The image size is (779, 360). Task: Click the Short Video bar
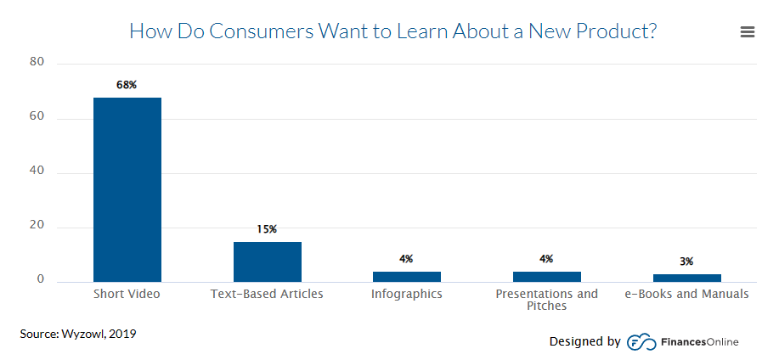point(127,189)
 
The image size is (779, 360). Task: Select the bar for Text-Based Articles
point(267,262)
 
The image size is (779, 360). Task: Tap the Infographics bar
point(406,277)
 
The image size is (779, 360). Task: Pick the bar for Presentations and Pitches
point(546,277)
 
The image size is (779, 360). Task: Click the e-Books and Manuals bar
point(686,278)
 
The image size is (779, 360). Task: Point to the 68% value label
point(127,85)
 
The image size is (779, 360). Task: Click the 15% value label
point(267,229)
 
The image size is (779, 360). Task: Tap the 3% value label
point(686,262)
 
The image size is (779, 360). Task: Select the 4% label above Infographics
point(406,259)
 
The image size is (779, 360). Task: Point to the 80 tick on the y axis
point(37,63)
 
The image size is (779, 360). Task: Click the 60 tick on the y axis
point(37,118)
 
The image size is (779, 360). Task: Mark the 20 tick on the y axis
point(37,227)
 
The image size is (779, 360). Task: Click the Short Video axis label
point(127,295)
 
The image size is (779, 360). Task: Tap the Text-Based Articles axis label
point(267,295)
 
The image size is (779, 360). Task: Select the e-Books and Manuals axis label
point(686,295)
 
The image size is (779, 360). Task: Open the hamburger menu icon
point(748,32)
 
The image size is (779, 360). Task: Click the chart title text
point(392,31)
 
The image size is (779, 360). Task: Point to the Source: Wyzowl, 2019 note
point(78,334)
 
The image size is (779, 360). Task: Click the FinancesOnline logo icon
point(639,342)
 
